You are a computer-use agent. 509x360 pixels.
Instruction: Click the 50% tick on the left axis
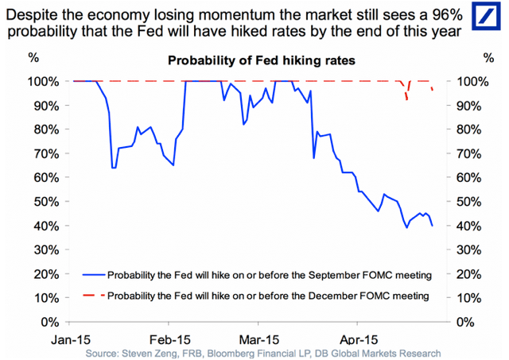pyautogui.click(x=45, y=202)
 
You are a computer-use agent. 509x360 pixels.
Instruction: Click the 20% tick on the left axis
pyautogui.click(x=45, y=274)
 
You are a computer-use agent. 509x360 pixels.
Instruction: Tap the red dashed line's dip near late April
pyautogui.click(x=407, y=95)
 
